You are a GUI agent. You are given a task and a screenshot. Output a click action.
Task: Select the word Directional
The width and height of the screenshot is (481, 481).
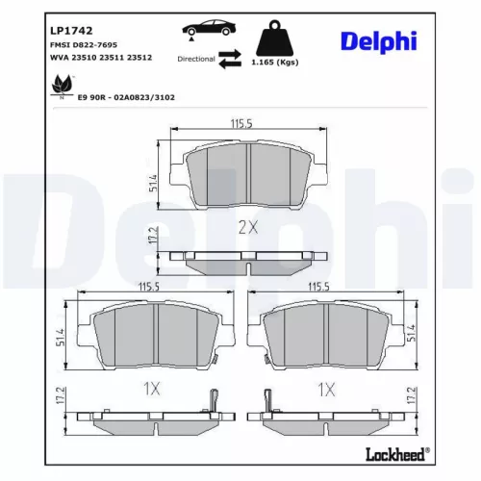(x=196, y=60)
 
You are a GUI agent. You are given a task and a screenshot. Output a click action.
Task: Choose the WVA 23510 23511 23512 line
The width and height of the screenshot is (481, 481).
(x=100, y=58)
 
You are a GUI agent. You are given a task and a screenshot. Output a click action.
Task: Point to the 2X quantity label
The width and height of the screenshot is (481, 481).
(x=248, y=227)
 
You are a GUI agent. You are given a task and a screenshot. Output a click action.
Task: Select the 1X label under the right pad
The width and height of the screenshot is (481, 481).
(x=326, y=390)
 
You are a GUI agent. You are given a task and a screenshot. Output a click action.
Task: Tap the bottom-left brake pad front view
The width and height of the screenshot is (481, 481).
(x=157, y=339)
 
